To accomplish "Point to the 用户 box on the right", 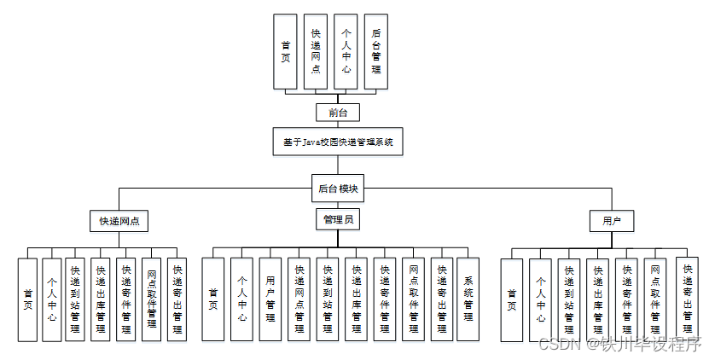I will [x=611, y=220].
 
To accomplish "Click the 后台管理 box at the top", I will [x=376, y=51].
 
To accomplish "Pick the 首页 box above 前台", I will [x=285, y=51].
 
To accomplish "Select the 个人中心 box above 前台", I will [x=346, y=51].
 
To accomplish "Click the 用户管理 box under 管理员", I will [x=270, y=299].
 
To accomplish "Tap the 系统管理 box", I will [x=468, y=299].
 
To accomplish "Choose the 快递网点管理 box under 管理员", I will [x=299, y=299].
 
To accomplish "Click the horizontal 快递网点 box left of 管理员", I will [x=119, y=220].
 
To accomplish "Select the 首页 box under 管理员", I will [x=213, y=299].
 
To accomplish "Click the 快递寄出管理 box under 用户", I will [x=687, y=299].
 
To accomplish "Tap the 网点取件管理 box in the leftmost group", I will [x=151, y=299].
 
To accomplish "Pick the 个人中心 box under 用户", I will [x=540, y=299].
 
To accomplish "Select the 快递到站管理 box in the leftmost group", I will [x=75, y=299].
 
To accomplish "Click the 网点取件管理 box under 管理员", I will [x=413, y=299].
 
